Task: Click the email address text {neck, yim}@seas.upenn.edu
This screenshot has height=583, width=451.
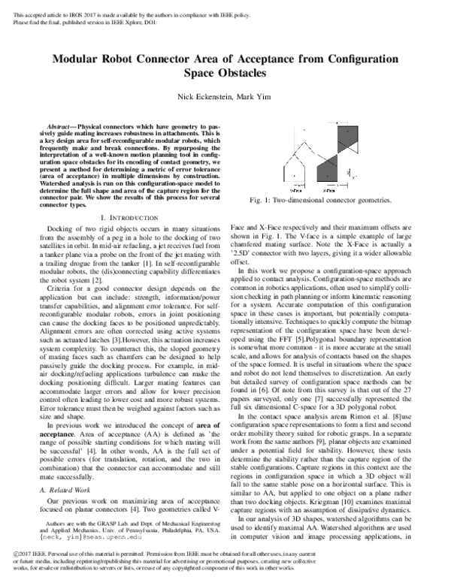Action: (x=83, y=516)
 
